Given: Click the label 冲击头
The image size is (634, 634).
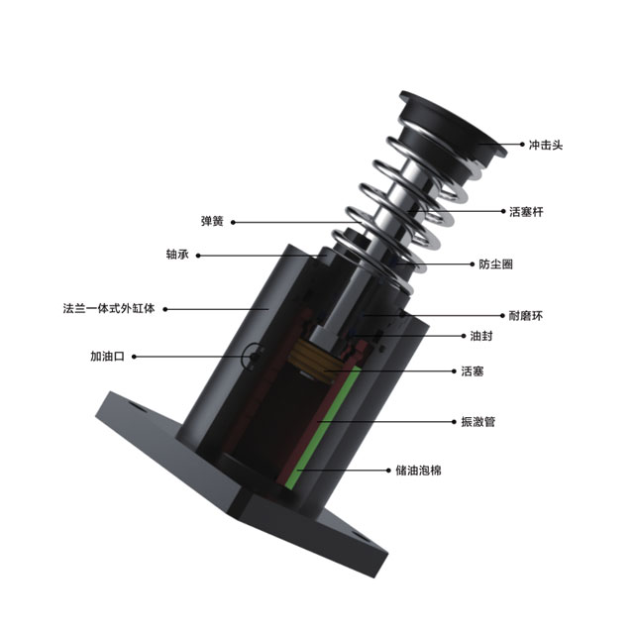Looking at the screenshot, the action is tap(546, 145).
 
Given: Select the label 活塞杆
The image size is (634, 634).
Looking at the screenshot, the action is tap(526, 211).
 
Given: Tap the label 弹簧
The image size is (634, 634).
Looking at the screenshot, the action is tap(212, 222).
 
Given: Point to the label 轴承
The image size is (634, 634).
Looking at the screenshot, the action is tap(177, 255).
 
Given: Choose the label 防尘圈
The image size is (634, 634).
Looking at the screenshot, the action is tap(495, 264).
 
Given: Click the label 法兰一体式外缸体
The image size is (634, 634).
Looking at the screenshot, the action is tap(109, 308).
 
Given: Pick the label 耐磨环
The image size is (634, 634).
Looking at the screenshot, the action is tap(526, 316).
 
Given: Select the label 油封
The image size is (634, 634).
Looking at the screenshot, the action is tap(481, 336).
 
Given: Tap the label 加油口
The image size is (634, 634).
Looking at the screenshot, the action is tap(107, 357).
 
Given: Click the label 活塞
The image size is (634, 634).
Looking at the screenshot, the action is tap(473, 371).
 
